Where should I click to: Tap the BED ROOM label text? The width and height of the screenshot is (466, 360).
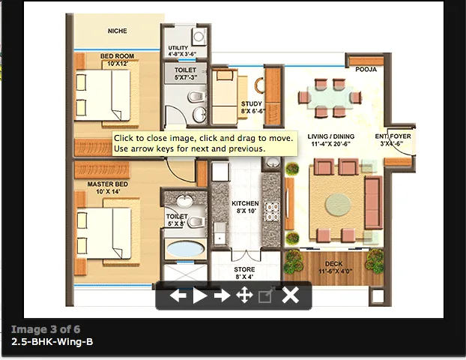[x=118, y=56]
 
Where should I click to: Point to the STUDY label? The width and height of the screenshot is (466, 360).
[x=250, y=104]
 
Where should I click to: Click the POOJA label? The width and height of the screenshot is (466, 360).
[x=366, y=70]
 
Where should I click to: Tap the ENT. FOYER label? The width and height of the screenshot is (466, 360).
[x=393, y=136]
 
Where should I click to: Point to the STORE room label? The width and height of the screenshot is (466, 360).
[x=244, y=269]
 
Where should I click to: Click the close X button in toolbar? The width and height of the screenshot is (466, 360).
[x=290, y=295]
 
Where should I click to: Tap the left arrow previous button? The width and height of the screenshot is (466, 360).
[x=178, y=295]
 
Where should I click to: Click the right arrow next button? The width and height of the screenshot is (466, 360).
[x=222, y=295]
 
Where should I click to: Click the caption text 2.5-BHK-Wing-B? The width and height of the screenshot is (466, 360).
[x=52, y=342]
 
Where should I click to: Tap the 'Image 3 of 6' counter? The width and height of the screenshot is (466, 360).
[x=46, y=329]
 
